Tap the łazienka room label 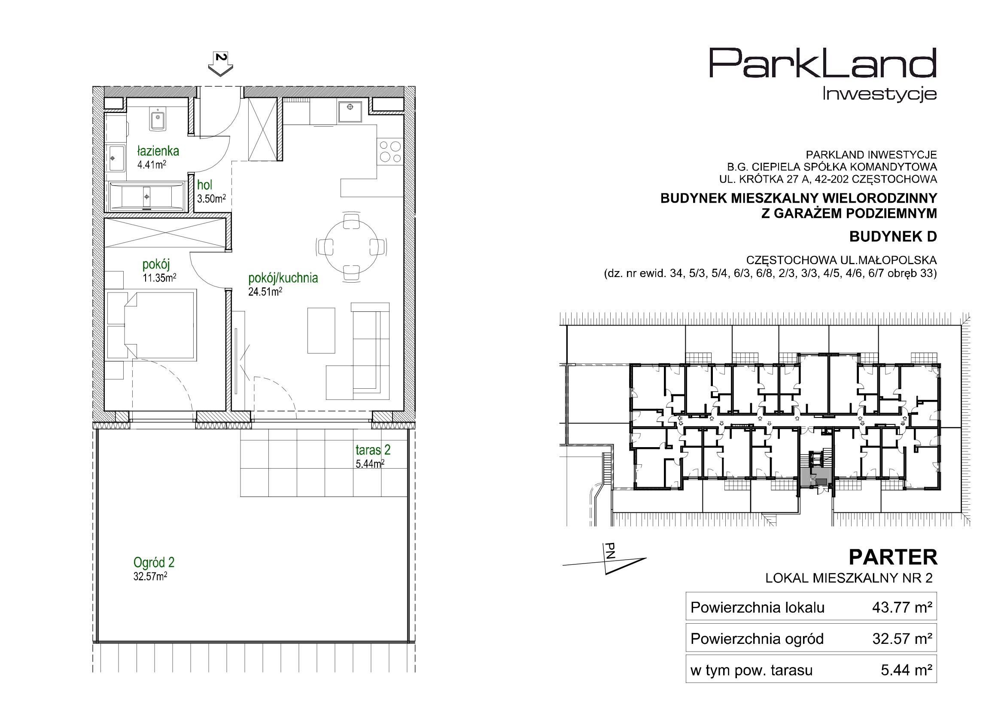158,151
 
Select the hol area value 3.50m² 211,198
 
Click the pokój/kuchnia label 283,278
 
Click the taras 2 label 373,450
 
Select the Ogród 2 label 154,562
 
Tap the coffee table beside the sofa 321,330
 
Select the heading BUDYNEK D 893,237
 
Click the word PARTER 893,558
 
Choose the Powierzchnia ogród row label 757,639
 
